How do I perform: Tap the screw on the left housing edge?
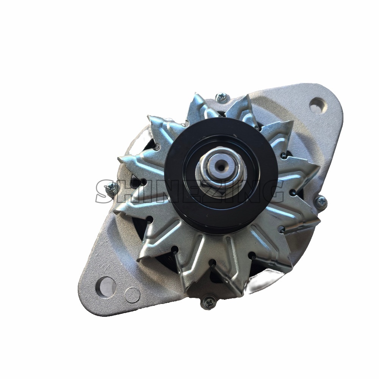tap(111, 187)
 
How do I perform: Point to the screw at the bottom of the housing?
tap(208, 302)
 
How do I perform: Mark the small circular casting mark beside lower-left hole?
tap(132, 294)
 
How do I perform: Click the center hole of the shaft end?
tap(221, 165)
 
